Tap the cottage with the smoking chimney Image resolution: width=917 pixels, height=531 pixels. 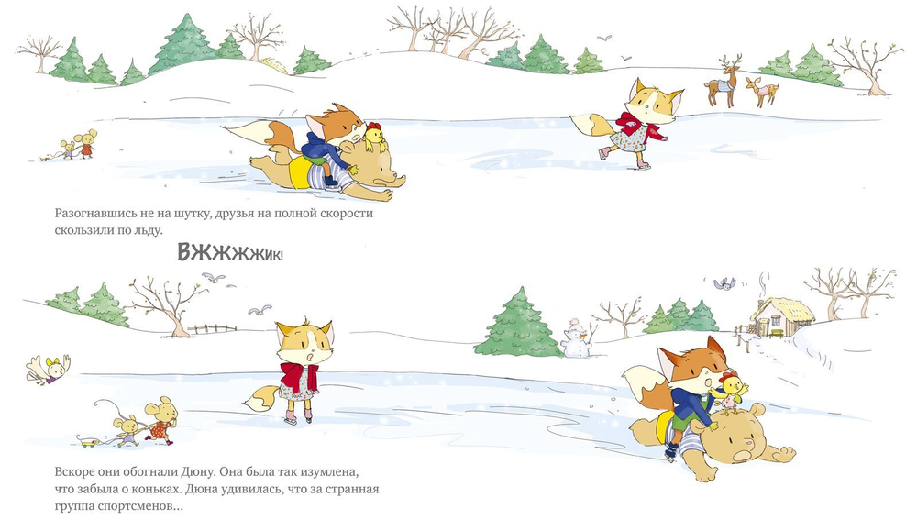pos(782,316)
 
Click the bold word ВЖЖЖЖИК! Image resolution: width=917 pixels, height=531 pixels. pos(230,252)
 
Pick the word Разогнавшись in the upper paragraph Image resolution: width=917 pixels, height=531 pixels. pos(96,214)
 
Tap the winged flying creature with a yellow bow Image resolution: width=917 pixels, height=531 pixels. pos(49,370)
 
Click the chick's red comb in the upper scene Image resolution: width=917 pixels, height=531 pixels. pos(374,126)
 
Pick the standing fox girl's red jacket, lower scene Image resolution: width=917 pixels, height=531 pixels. pos(299,377)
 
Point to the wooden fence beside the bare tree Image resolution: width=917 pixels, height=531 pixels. pos(213,328)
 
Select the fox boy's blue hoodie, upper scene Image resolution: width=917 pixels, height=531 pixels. pos(320,151)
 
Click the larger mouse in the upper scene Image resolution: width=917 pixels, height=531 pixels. pos(86,143)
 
